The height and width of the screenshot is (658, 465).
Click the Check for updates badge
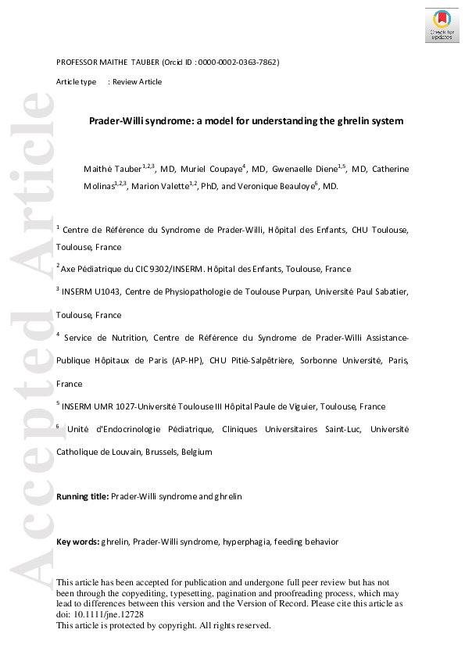pyautogui.click(x=442, y=26)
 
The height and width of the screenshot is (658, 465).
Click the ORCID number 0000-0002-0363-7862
pyautogui.click(x=242, y=62)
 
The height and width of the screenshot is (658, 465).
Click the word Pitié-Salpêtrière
pyautogui.click(x=278, y=360)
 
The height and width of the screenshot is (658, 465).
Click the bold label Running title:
pyautogui.click(x=83, y=496)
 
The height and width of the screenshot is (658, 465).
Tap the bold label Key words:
pyautogui.click(x=77, y=542)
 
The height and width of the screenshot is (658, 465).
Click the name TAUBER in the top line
pyautogui.click(x=141, y=62)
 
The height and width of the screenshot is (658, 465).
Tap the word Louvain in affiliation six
pyautogui.click(x=127, y=452)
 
